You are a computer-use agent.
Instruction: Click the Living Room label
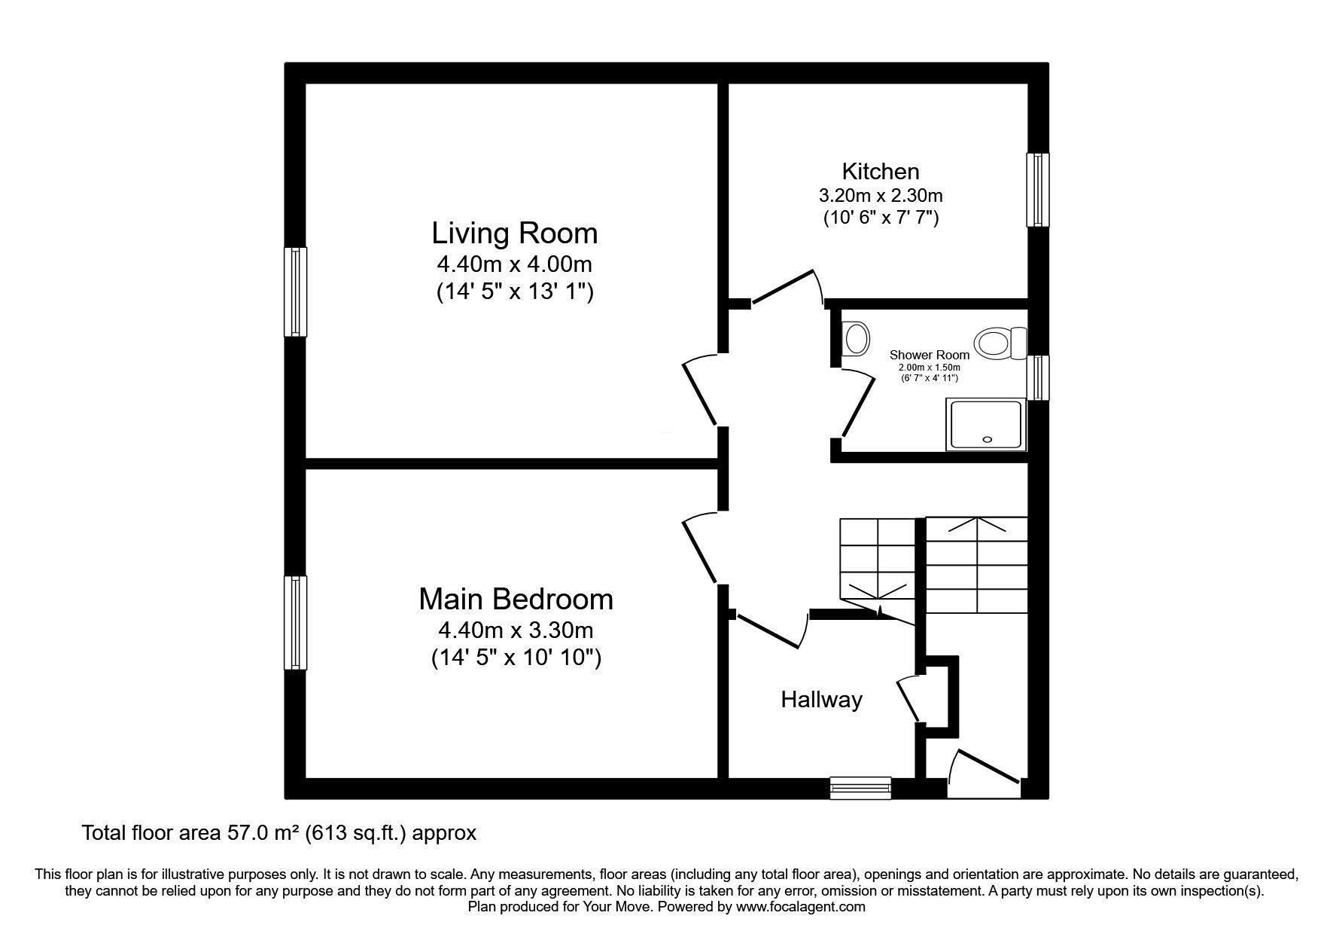coord(514,233)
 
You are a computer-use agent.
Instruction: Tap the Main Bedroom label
coord(516,600)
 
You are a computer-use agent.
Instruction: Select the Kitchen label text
coord(880,171)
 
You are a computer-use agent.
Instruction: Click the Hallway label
coord(821,700)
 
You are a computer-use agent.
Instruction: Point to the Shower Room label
coord(929,355)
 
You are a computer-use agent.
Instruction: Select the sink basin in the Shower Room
coord(855,339)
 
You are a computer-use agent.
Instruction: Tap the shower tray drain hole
coord(988,439)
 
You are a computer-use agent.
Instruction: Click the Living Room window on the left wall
coord(295,291)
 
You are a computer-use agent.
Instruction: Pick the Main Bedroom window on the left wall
coord(295,622)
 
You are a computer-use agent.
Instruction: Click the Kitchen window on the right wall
coord(1038,190)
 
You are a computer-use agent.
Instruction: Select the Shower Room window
coord(1038,378)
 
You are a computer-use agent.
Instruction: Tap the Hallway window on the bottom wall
coord(860,789)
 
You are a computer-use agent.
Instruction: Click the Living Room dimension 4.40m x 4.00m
coord(514,264)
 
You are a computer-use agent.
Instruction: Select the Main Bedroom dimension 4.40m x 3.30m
coord(516,630)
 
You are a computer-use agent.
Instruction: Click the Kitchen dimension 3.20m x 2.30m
coord(880,196)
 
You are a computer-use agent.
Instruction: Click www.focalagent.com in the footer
coord(800,908)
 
